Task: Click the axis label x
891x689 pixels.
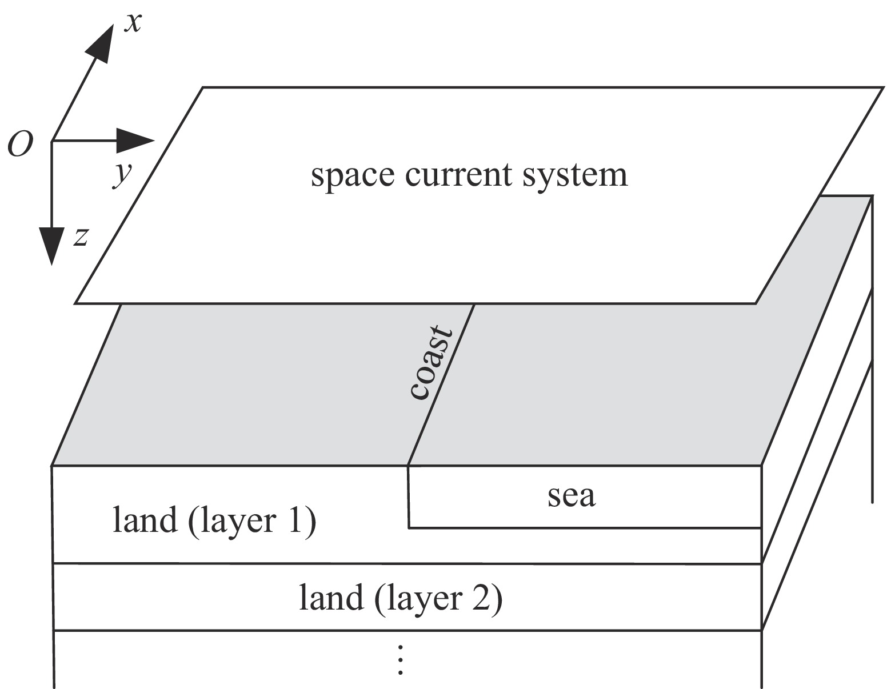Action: tap(133, 23)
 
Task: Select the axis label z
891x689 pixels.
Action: tap(81, 236)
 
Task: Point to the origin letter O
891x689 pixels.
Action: tap(19, 146)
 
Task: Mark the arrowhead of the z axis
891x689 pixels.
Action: tap(52, 246)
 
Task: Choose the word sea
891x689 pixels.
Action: tap(571, 496)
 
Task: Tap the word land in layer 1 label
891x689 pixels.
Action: tap(144, 520)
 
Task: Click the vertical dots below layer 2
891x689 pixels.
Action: tap(401, 660)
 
